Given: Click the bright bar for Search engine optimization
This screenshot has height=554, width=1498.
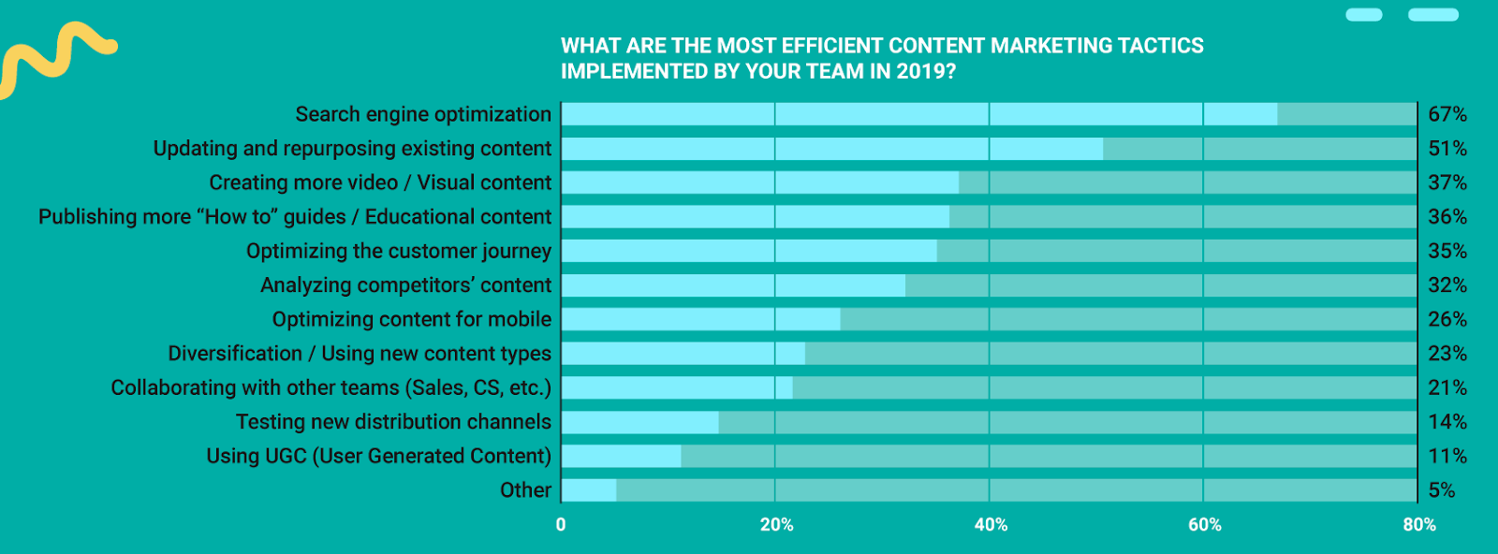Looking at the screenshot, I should [918, 114].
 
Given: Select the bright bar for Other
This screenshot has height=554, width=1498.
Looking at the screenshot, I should [589, 490].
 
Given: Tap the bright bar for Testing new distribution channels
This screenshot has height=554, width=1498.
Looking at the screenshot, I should [639, 422].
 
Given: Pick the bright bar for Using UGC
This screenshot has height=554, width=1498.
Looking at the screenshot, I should [621, 456].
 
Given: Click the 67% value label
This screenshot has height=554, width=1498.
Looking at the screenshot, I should [1447, 114].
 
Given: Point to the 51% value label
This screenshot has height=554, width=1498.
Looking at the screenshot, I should [1447, 149].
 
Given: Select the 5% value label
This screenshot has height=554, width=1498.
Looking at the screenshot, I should [1441, 490].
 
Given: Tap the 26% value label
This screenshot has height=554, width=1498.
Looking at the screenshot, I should [1447, 319].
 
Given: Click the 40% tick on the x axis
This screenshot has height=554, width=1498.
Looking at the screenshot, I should [991, 525].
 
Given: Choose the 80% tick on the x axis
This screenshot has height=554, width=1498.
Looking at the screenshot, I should [1419, 525].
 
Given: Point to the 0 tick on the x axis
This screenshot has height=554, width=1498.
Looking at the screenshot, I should [561, 525].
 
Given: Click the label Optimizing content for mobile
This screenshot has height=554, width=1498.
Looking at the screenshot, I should [412, 319].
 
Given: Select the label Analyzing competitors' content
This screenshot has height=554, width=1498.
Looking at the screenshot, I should [405, 285].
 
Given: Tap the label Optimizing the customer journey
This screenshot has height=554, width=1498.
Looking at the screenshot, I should [399, 251].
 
